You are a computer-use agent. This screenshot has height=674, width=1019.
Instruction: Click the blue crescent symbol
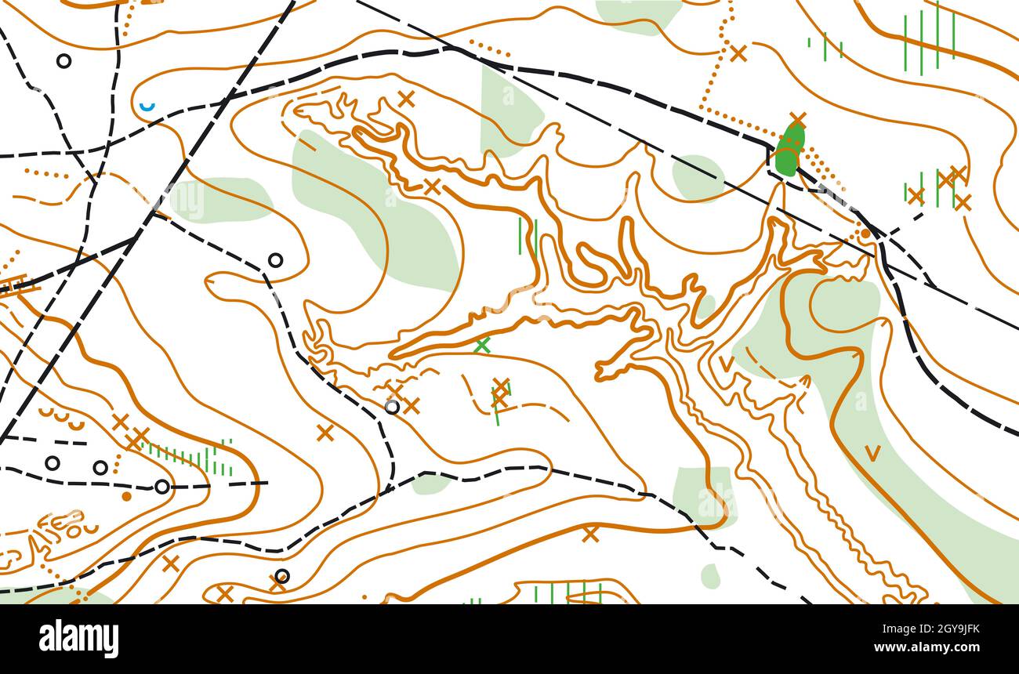pyautogui.click(x=147, y=106)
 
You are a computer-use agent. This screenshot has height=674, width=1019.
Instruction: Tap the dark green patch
pyautogui.click(x=789, y=150)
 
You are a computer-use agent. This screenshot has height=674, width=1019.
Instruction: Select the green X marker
pyautogui.click(x=483, y=345)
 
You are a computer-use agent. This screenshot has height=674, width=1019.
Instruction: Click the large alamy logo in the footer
pyautogui.click(x=78, y=639)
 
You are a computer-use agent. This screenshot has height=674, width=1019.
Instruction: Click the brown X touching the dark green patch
pyautogui.click(x=797, y=120)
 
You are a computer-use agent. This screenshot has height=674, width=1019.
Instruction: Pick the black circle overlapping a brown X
pyautogui.click(x=281, y=577)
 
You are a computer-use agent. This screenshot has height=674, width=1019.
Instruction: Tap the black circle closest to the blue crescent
pyautogui.click(x=63, y=60)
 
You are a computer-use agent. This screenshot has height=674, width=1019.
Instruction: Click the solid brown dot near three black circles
pyautogui.click(x=126, y=496)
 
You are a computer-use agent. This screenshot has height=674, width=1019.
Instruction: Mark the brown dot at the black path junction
pyautogui.click(x=865, y=234)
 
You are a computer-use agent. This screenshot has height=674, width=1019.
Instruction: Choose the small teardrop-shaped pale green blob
pyautogui.click(x=710, y=576)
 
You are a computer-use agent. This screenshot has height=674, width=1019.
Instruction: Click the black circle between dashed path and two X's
pyautogui.click(x=392, y=406)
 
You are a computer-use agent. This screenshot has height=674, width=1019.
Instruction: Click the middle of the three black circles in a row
pyautogui.click(x=100, y=468)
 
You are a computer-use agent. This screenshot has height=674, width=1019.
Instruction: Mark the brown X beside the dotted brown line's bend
pyautogui.click(x=738, y=53)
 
